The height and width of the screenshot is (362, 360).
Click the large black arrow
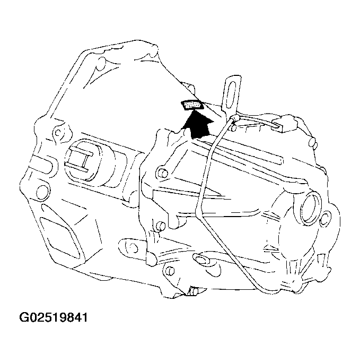pos(197,126)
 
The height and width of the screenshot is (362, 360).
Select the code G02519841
pos(54,318)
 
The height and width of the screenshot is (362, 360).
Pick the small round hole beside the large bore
pos(327,216)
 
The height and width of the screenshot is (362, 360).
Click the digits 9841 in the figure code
pos(74,318)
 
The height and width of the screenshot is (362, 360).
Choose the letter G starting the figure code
pos(24,318)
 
